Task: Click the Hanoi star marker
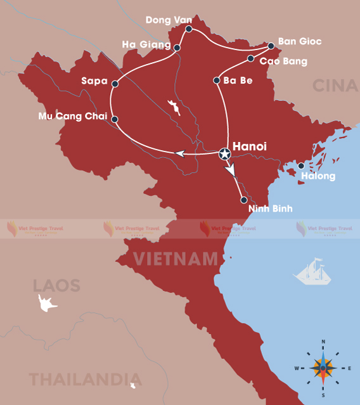224,153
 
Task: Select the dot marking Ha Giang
177,48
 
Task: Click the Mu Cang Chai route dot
115,119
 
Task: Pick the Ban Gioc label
300,42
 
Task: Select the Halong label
318,176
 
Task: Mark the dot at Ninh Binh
244,200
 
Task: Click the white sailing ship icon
313,271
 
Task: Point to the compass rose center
323,368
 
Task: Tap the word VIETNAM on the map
176,259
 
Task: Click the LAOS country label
57,285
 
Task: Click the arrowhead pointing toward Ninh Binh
230,170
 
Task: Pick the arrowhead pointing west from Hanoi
180,153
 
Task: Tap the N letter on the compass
323,343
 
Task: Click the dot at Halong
302,167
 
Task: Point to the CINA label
336,86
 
